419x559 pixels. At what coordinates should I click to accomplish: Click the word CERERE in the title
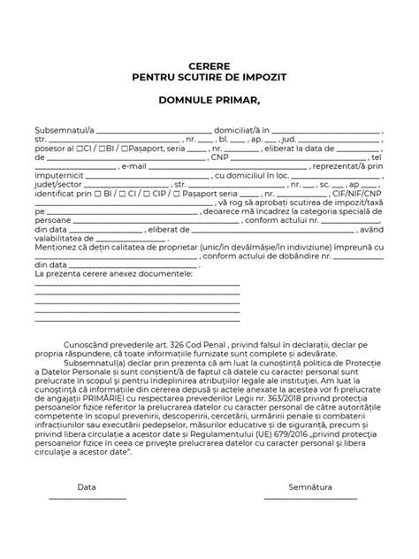pyautogui.click(x=209, y=66)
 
